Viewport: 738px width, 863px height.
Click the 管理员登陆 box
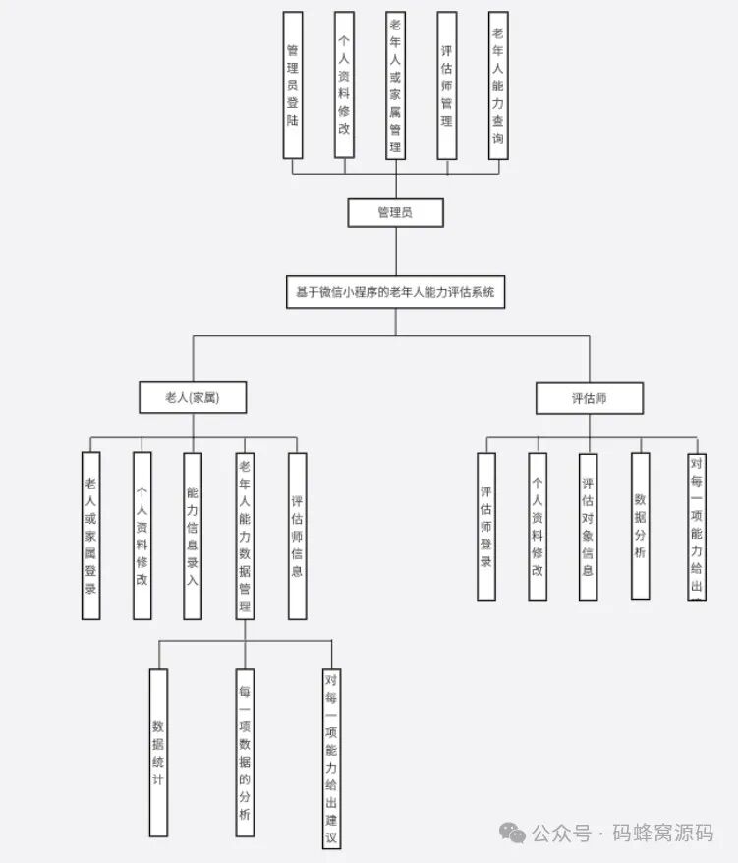tap(293, 85)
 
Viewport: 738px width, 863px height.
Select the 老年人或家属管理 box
tap(396, 85)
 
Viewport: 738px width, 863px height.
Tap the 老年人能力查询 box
tap(498, 85)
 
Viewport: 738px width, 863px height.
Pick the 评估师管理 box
tap(447, 85)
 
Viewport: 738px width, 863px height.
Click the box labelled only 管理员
tap(396, 212)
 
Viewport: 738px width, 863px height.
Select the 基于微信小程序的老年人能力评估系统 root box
tap(396, 292)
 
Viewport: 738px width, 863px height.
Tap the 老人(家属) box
tap(193, 397)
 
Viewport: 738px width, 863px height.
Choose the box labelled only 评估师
tap(590, 398)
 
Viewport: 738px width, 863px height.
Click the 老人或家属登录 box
tap(90, 536)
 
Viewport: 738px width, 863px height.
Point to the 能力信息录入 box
tap(193, 536)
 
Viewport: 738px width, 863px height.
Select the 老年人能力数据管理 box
tap(245, 536)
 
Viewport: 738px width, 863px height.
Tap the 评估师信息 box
tap(297, 536)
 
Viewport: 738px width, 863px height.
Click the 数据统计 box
tap(158, 752)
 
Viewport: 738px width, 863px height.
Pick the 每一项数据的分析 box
tap(245, 752)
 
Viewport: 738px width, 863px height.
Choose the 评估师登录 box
tap(486, 526)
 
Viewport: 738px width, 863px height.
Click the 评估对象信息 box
tap(588, 526)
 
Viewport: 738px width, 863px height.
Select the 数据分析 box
tap(641, 526)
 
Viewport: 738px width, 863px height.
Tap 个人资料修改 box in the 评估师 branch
tap(538, 526)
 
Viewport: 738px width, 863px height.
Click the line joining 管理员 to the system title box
tap(396, 252)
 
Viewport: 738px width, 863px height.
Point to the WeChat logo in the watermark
tap(512, 833)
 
